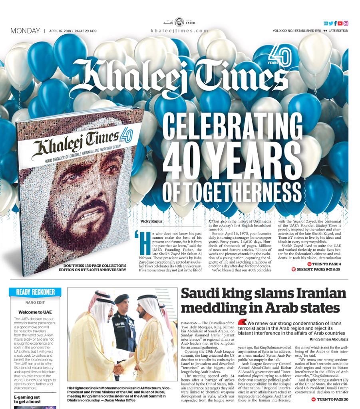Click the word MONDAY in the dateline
pyautogui.click(x=25, y=31)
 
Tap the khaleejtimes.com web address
pyautogui.click(x=179, y=31)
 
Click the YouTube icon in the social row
pyautogui.click(x=340, y=24)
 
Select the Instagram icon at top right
pyautogui.click(x=346, y=24)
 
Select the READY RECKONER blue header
pyautogui.click(x=35, y=292)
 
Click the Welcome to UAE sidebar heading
pyautogui.click(x=35, y=312)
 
